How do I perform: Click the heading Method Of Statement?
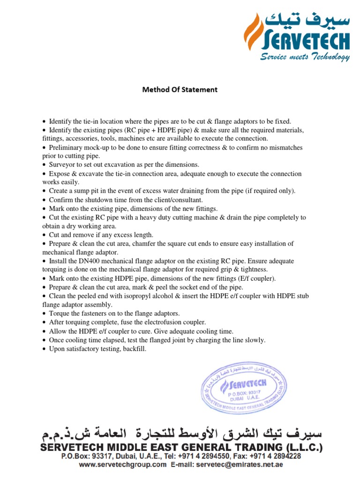180,90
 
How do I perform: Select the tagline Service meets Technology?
305,57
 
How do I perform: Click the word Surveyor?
63,165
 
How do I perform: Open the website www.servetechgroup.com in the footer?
122,465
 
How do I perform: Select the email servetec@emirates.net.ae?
237,465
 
